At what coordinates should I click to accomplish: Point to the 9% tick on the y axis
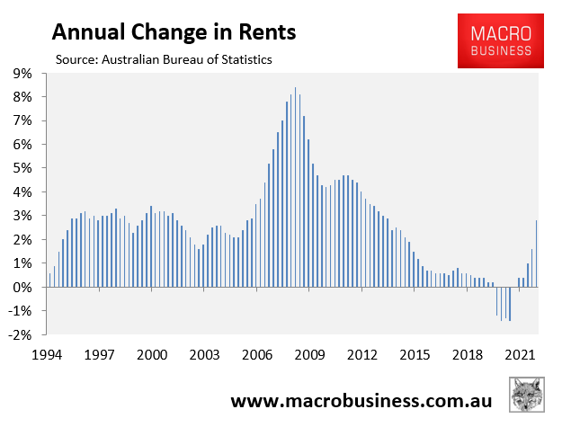pos(22,73)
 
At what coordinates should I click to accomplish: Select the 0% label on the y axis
pos(22,288)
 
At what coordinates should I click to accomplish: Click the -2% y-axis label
pos(21,335)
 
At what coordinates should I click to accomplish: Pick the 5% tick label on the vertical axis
pos(22,168)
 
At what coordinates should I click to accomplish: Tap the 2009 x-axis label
pos(310,355)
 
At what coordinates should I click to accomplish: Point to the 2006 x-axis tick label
pos(257,355)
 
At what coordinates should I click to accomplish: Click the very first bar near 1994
pos(49,280)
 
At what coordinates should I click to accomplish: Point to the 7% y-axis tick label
pos(22,120)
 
